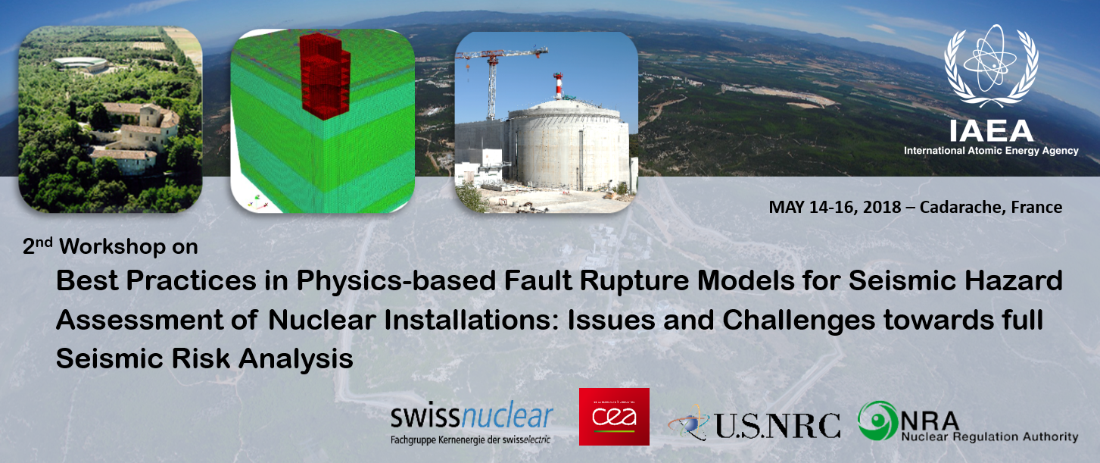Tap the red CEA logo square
pos(614,416)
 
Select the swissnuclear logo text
pos(472,416)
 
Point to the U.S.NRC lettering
pos(777,425)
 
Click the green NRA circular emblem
pos(878,421)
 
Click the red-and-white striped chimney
pos(558,86)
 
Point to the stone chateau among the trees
pos(132,135)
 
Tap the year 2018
pos(882,208)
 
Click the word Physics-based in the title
pos(396,282)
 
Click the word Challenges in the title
pos(799,321)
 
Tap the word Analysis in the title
pos(295,358)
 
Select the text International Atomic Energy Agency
pos(991,151)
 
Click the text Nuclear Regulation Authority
pos(990,436)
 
